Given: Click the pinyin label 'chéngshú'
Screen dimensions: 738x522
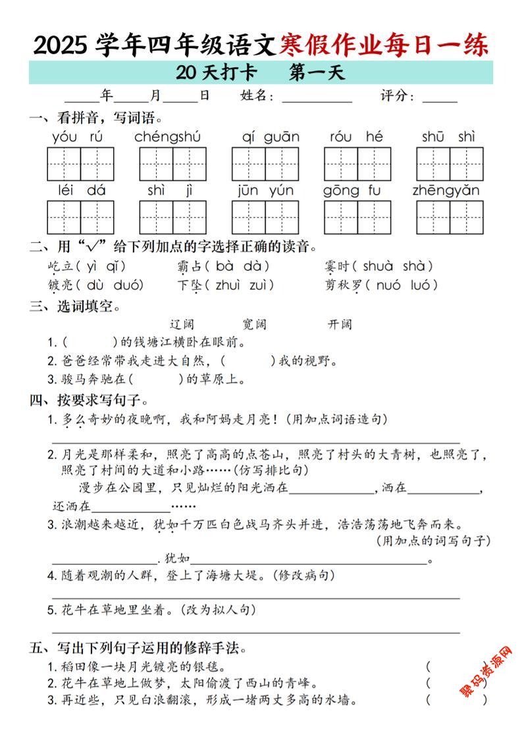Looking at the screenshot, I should (x=167, y=137).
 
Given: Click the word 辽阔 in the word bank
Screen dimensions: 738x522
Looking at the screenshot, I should (x=182, y=324).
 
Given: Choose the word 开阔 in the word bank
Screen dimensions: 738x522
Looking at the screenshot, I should (x=340, y=324).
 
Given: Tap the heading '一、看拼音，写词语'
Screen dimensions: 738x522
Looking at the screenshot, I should (x=96, y=118).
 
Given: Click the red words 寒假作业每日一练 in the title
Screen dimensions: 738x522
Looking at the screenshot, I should (x=384, y=45).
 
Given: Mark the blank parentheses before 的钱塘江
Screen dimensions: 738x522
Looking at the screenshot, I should (x=88, y=343).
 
